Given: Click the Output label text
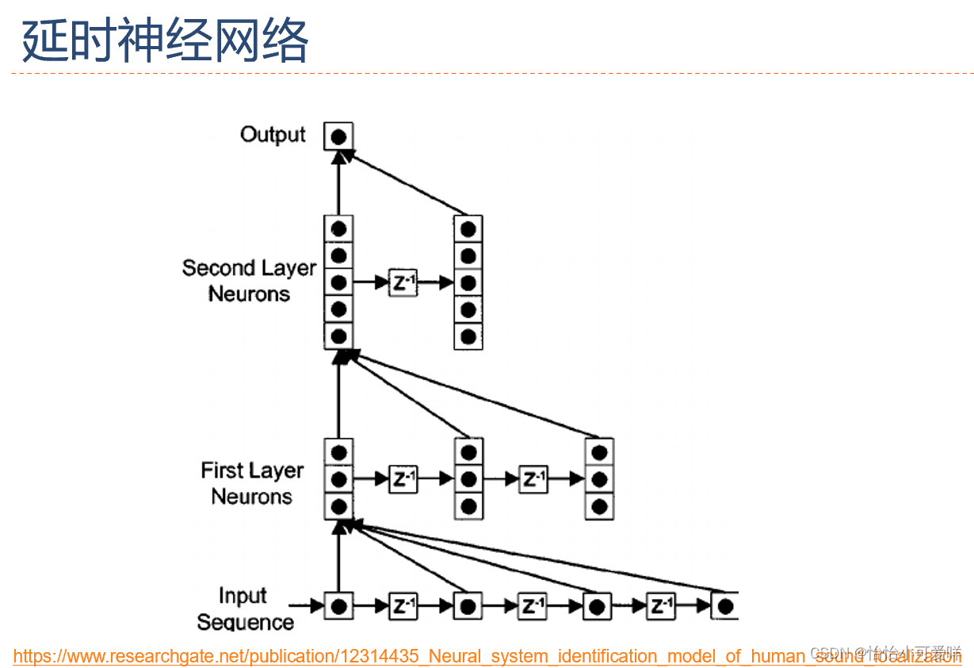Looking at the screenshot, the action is [273, 135].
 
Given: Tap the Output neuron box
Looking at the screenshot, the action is [338, 136].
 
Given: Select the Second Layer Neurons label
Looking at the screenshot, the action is [249, 280].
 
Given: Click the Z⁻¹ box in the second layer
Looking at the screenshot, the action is [403, 282].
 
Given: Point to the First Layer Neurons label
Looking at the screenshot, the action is [252, 483].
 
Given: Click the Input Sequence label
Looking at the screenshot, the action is [244, 608].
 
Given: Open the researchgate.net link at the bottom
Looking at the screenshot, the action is [487, 656].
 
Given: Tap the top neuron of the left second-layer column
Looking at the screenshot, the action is [338, 229].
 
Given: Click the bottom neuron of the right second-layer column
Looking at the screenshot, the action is [468, 336].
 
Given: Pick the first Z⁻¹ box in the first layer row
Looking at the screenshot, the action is [403, 479].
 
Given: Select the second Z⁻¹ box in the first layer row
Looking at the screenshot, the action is [533, 479].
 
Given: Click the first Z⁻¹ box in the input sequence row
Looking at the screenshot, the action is [403, 607].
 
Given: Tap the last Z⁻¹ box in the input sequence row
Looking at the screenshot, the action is [660, 607].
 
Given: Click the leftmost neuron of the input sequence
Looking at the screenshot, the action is [338, 607].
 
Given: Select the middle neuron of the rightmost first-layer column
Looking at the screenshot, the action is [599, 479].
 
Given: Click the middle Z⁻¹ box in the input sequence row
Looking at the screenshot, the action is [532, 607].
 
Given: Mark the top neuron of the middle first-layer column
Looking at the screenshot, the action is [468, 453].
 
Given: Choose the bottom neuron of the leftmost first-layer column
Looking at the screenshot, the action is [338, 505].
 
